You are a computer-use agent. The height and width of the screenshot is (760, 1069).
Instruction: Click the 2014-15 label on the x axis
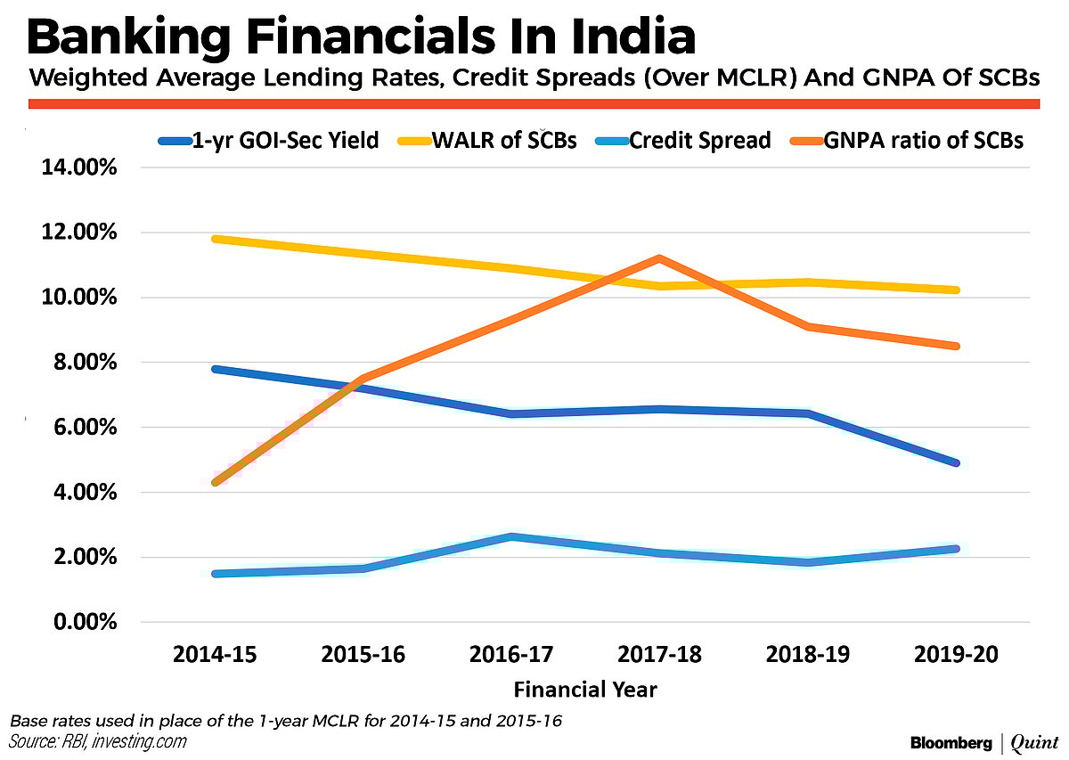pos(216,655)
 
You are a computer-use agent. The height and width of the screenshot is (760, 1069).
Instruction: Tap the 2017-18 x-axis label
pos(660,655)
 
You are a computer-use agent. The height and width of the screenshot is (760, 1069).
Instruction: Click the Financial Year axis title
pos(585,689)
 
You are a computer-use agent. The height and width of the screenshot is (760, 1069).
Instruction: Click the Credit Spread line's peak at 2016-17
pos(512,536)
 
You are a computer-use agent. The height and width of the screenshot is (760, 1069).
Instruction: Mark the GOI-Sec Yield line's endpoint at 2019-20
pos(955,462)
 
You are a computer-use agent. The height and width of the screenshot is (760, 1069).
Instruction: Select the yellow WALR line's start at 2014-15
pos(216,239)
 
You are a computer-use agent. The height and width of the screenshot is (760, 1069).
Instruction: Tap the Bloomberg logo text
pos(951,741)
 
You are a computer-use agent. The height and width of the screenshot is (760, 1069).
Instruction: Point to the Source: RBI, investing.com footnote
pos(98,741)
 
